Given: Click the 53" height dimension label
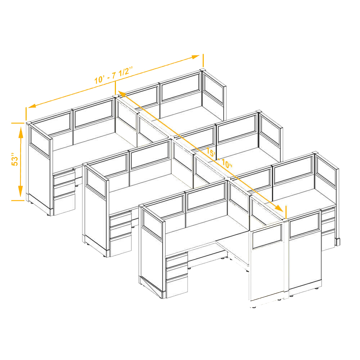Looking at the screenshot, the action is coord(15,158).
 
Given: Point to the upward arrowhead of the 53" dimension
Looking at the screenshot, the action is coord(21,132).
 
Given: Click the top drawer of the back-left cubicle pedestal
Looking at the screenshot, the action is coord(64,175).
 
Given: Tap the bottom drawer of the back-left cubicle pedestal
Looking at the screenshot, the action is coord(64,203).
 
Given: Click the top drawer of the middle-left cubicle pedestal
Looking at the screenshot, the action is coord(120,217).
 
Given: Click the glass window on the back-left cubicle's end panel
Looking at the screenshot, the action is coord(40,142).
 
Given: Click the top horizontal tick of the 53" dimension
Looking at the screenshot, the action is coord(18,123).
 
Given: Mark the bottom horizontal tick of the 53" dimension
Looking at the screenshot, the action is coord(18,201).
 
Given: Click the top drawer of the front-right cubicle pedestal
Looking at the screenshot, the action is coord(328,214).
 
